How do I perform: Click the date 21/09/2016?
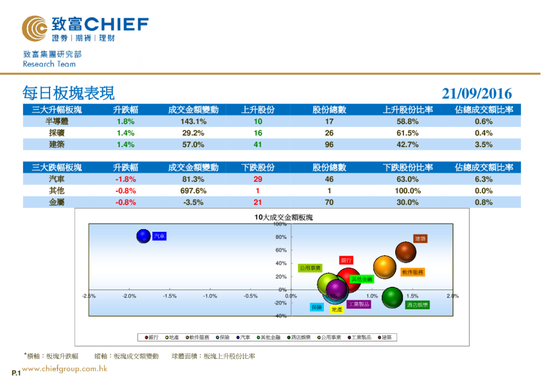(x=477, y=94)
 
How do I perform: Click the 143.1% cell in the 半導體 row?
(x=193, y=121)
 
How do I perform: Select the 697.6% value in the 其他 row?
(x=193, y=191)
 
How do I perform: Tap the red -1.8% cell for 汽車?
(x=125, y=179)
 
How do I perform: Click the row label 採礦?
(x=57, y=133)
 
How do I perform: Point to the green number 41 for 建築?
(x=258, y=144)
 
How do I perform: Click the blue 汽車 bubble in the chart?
(x=144, y=236)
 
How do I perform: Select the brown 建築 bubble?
(x=405, y=252)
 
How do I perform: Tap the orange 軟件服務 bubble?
(x=384, y=266)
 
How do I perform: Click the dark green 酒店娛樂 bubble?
(x=393, y=297)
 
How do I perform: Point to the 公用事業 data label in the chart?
(x=310, y=268)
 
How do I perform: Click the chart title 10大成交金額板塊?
(x=283, y=218)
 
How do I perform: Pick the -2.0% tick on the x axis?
(x=129, y=296)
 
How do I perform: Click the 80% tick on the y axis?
(x=281, y=237)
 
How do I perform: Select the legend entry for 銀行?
(x=151, y=337)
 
